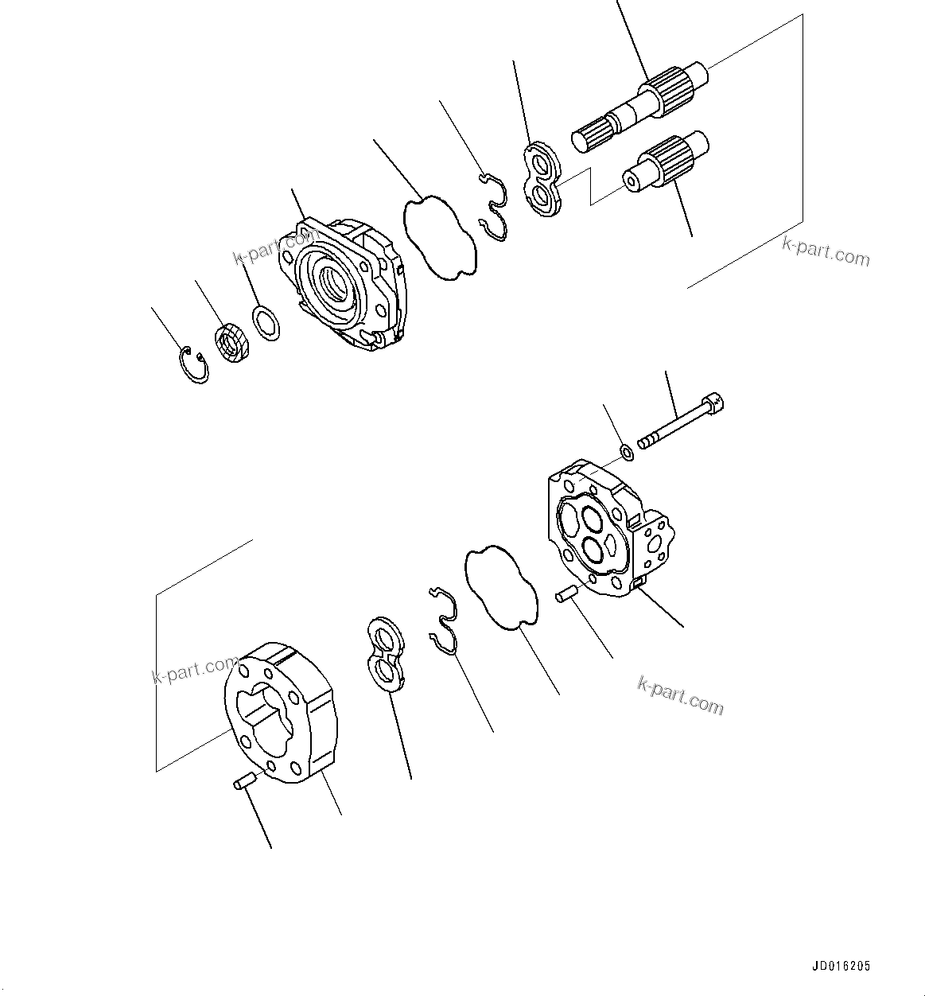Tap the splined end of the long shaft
(589, 135)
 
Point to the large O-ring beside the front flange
(440, 235)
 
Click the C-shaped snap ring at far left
(192, 364)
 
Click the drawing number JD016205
(841, 967)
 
